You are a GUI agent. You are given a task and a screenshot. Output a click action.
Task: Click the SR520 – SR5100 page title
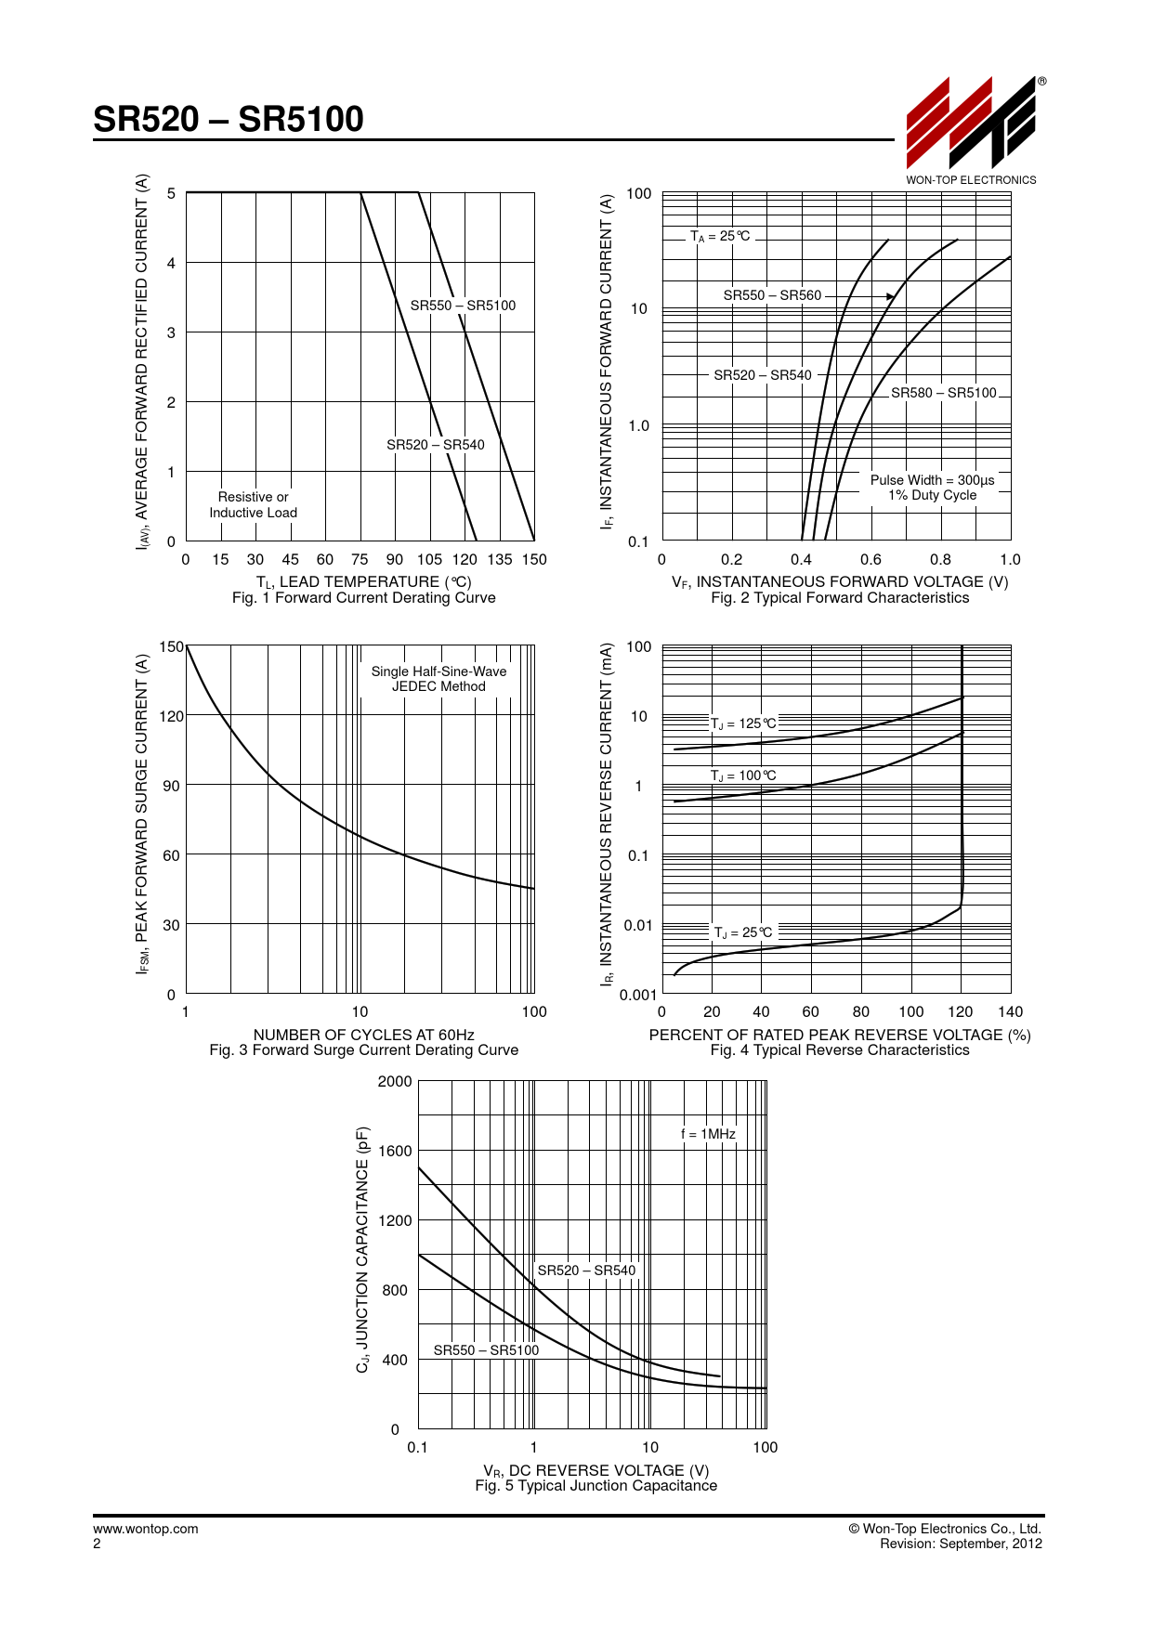(x=229, y=119)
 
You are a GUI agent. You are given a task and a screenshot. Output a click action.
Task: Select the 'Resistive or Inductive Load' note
(x=253, y=504)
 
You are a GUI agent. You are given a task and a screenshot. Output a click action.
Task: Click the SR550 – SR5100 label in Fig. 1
(x=463, y=306)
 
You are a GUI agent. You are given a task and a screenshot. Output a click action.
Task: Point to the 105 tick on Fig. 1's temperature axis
(x=429, y=559)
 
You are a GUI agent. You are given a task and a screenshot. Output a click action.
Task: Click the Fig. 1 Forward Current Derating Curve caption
(x=363, y=598)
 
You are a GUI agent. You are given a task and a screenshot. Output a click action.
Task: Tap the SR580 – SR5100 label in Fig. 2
(x=943, y=393)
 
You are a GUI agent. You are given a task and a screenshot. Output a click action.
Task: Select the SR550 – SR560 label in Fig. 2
(x=772, y=295)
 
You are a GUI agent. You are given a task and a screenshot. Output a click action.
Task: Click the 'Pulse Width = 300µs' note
(x=932, y=480)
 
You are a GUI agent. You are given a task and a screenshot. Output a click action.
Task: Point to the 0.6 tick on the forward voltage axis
(x=871, y=559)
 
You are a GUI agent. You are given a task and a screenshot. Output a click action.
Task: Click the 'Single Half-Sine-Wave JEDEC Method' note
(x=439, y=679)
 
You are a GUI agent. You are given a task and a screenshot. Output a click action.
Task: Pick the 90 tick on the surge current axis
(x=171, y=786)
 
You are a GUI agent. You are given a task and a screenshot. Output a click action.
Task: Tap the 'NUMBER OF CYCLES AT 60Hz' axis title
(x=363, y=1035)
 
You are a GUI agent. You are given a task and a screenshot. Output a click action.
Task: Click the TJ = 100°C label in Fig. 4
(x=743, y=775)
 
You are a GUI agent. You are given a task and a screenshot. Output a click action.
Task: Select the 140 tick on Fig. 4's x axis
(x=1010, y=1012)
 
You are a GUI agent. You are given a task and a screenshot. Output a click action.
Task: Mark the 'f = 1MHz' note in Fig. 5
(x=708, y=1134)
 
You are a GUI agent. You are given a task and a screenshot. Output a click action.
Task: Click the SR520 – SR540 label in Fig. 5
(x=586, y=1271)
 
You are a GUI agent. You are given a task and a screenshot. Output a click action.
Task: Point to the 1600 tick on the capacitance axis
(x=395, y=1151)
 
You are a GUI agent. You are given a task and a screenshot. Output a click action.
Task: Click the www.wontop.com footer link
(x=146, y=1529)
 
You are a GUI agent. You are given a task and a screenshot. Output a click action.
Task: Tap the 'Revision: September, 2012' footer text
(x=961, y=1544)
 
